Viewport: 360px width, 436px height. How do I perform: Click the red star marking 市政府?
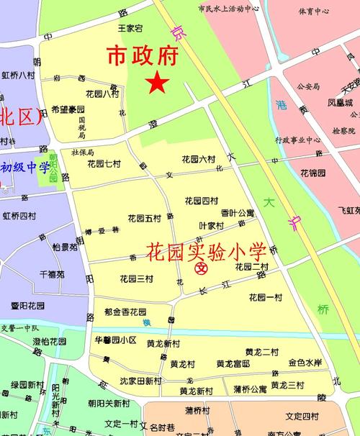tap(158, 83)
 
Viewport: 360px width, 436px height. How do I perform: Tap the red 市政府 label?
tap(143, 56)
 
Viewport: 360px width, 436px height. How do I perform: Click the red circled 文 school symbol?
tap(202, 269)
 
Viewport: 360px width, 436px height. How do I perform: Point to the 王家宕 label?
tap(130, 28)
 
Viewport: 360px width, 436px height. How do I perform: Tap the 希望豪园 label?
tap(68, 110)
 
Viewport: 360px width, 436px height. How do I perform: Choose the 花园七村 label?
tap(104, 163)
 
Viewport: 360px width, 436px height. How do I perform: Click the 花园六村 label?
tap(199, 159)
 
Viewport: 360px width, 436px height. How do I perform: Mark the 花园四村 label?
tap(201, 201)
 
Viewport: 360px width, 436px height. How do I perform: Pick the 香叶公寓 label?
tap(237, 213)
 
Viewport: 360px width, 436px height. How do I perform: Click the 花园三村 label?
tap(136, 278)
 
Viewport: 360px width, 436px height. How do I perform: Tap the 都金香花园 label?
tap(125, 312)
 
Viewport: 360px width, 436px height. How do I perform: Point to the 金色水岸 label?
tap(305, 363)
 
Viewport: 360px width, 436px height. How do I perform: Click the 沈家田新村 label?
tap(141, 380)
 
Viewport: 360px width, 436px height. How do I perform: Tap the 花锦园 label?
tap(313, 173)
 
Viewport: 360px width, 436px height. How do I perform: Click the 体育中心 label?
tap(314, 12)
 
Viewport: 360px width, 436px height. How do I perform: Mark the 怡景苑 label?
tap(64, 247)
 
